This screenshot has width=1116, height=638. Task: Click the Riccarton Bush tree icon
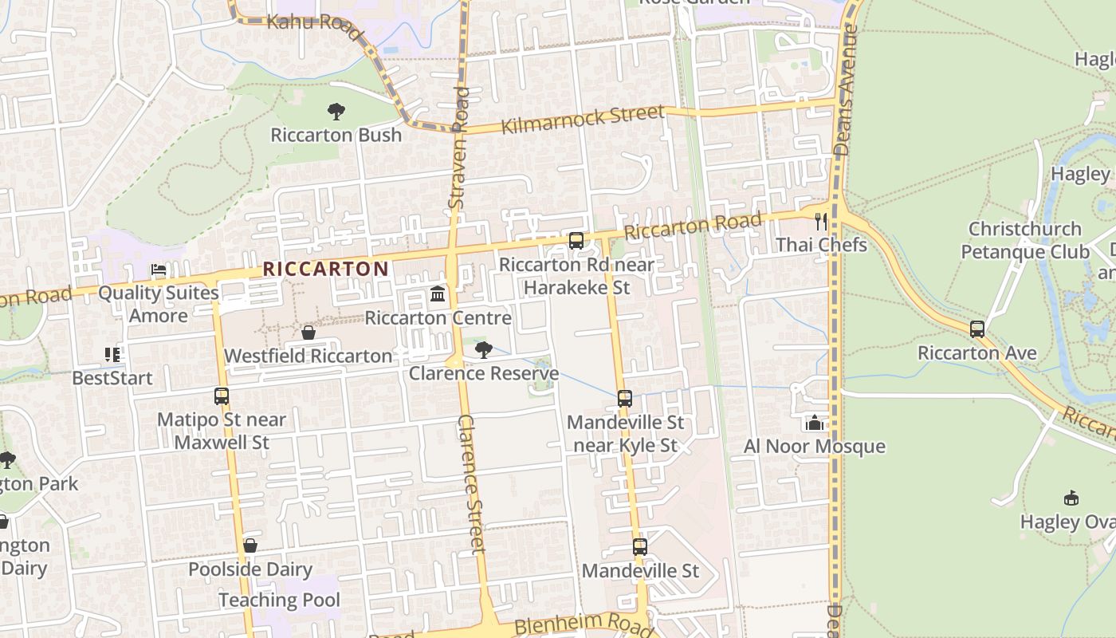336,112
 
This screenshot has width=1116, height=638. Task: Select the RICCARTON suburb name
325,270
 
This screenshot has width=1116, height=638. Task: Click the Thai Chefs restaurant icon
821,221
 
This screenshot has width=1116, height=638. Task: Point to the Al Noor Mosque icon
814,423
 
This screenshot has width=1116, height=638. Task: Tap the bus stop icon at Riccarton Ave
977,329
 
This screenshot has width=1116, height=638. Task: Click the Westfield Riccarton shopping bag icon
308,333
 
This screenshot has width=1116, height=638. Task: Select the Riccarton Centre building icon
438,295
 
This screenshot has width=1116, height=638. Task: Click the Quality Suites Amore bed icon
159,270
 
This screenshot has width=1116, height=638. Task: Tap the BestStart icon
112,354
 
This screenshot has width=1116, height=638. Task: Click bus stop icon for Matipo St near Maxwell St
222,396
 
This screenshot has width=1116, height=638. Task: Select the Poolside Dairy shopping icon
250,545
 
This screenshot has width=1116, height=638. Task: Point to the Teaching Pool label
279,600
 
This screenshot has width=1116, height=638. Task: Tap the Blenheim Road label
584,624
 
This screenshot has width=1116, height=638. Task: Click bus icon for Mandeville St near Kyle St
625,399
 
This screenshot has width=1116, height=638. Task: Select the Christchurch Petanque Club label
1024,240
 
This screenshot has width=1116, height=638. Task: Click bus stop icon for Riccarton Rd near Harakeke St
576,241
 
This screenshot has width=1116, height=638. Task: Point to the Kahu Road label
304,22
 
